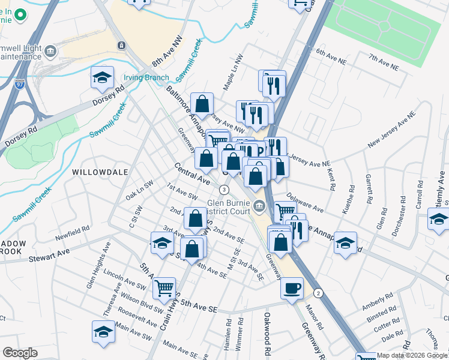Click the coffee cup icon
(292, 288)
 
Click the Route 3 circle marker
(224, 190)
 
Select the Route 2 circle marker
(318, 293)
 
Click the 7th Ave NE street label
(384, 62)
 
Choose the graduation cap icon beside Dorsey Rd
(103, 78)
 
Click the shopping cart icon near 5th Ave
(164, 288)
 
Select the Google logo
(20, 353)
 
